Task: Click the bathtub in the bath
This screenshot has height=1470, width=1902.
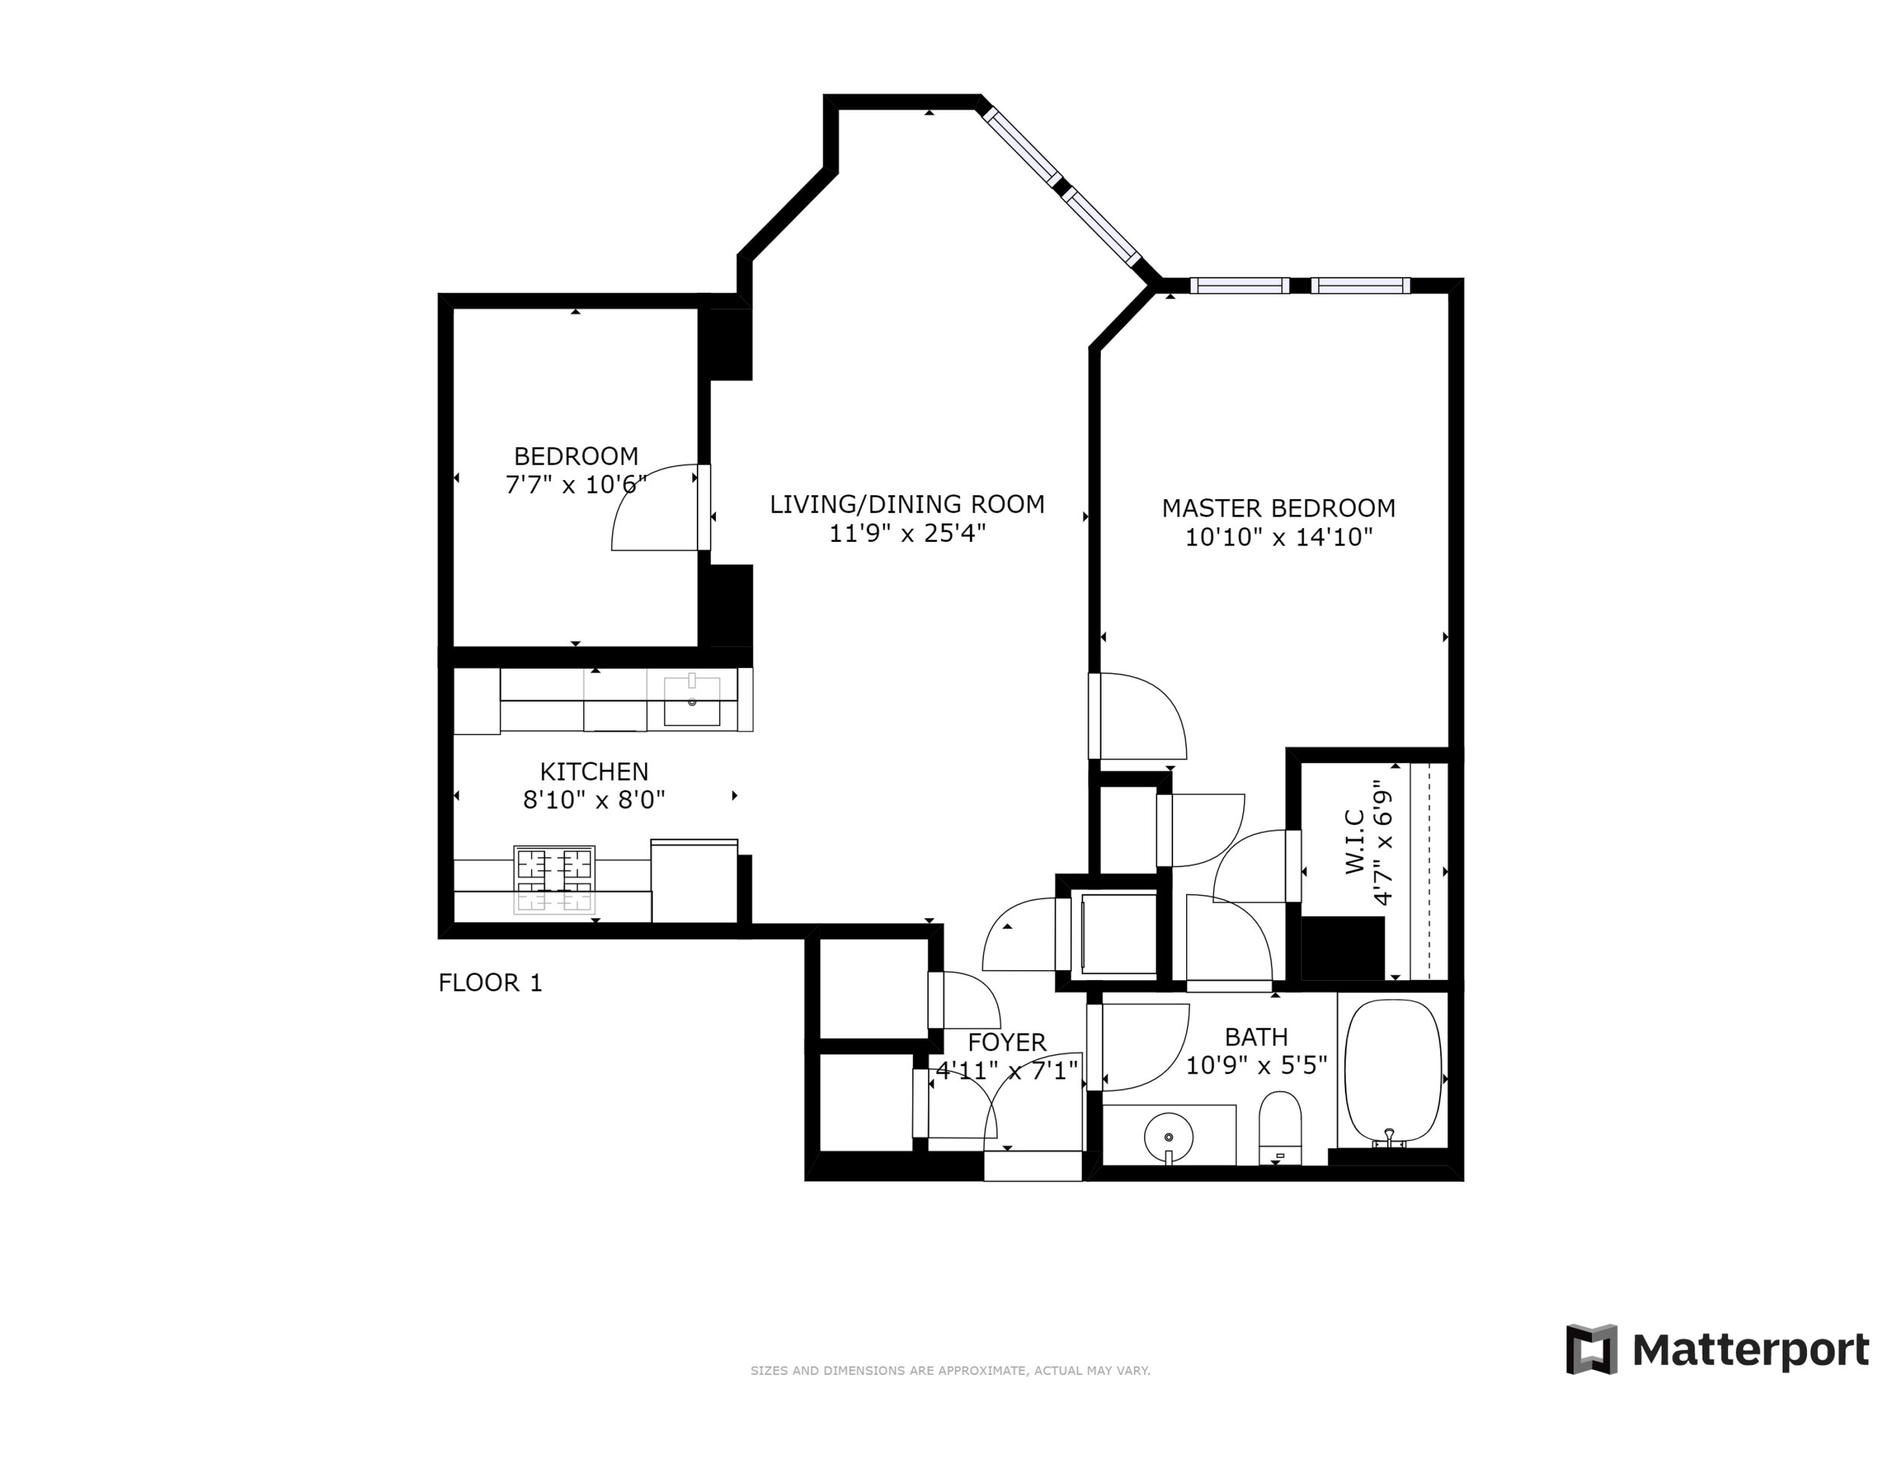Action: click(1394, 1073)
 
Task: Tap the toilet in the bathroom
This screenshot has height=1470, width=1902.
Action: click(1280, 1128)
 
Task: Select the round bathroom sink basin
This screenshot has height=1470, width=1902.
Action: click(1168, 1137)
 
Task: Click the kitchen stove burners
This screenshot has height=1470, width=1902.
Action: click(554, 880)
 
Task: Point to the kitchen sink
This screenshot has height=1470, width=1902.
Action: click(692, 701)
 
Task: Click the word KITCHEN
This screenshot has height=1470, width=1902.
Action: click(594, 772)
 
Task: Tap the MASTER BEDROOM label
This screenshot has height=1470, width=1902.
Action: click(1278, 508)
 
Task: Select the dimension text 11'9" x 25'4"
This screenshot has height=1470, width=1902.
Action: click(907, 533)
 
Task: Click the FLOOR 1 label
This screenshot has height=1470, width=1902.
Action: click(490, 983)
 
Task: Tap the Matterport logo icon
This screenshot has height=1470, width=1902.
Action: click(1591, 1350)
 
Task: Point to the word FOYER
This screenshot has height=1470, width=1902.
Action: click(1007, 1042)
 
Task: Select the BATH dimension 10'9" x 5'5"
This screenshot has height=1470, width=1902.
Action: click(1257, 1065)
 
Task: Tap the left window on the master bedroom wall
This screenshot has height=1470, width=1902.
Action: click(1239, 285)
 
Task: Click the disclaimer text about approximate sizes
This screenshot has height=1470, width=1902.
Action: click(950, 1371)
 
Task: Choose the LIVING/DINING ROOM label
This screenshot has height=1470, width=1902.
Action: click(907, 504)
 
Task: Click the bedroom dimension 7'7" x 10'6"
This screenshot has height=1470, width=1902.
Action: click(577, 484)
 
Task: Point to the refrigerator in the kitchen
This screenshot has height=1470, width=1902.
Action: click(694, 880)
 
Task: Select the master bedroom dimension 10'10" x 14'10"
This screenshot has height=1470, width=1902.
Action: click(1278, 537)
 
